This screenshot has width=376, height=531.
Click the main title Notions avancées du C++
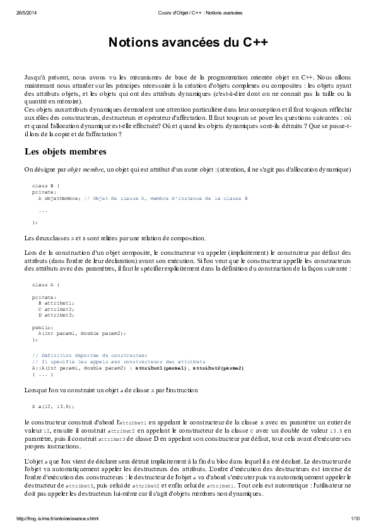point(188,42)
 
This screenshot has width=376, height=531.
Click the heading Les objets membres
point(65,151)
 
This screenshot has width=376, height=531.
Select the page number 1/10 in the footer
point(355,518)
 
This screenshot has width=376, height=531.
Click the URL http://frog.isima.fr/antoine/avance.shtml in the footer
point(57,518)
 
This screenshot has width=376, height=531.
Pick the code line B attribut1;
point(56,303)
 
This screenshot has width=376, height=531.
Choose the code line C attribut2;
point(56,308)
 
